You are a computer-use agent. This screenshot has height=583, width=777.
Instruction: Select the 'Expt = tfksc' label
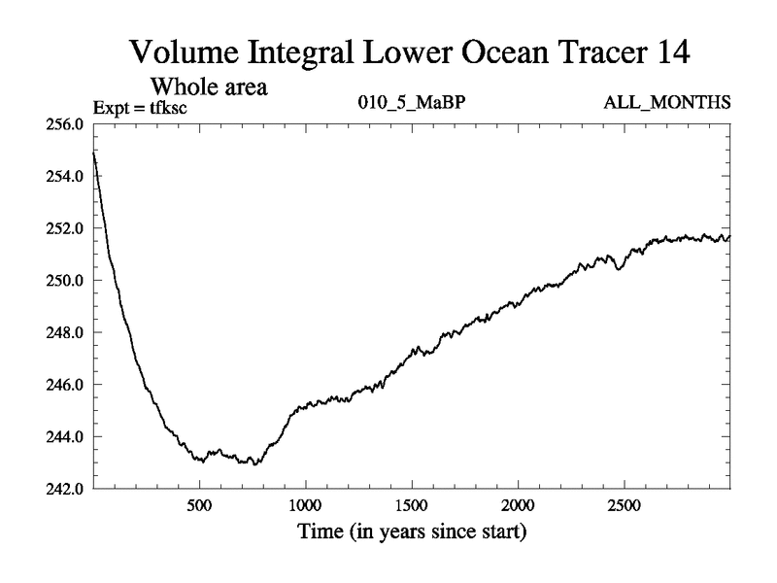click(139, 106)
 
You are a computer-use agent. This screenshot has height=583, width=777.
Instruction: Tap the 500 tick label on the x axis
click(199, 505)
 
